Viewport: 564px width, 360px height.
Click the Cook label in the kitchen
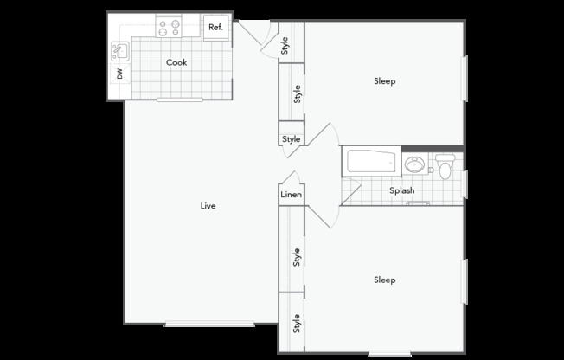176,62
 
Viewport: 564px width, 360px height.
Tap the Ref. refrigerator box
215,28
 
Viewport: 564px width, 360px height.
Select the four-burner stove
169,26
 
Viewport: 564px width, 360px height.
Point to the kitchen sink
120,51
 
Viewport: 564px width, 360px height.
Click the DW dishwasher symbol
120,74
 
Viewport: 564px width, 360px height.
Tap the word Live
208,206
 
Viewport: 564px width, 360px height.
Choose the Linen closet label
291,195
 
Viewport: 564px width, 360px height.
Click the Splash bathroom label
401,190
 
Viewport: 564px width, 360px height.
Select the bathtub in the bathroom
371,161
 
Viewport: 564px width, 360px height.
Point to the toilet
445,166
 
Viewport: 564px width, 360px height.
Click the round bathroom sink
414,164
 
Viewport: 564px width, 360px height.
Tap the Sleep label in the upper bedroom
385,81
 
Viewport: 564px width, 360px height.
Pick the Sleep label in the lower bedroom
385,280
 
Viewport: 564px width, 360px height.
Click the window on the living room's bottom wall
209,324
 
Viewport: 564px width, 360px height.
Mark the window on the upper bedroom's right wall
465,79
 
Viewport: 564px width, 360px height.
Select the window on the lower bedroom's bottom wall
389,353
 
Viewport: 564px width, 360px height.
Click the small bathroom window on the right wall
465,184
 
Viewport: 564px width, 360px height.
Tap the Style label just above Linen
291,139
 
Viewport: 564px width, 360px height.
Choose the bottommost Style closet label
297,324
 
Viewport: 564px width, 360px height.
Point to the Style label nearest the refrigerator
285,45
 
